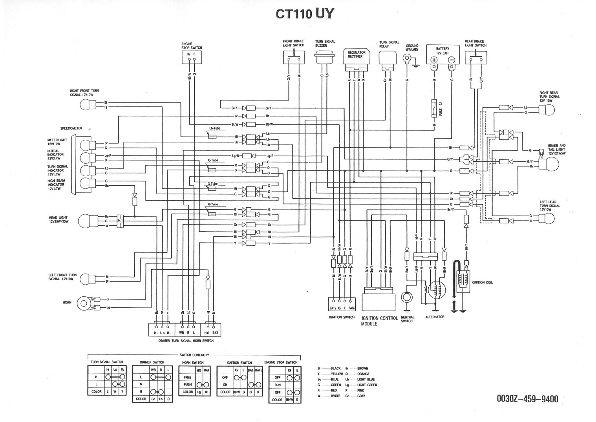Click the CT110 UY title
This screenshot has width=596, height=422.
(304, 14)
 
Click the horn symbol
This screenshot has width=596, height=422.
(83, 303)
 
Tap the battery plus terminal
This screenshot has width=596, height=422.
(434, 60)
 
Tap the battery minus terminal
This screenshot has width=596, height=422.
(452, 60)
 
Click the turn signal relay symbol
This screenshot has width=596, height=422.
(388, 58)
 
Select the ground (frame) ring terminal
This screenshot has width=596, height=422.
(407, 59)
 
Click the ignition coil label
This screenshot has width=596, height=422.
(483, 282)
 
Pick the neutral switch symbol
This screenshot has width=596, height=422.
(406, 296)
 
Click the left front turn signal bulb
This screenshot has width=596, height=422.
(85, 279)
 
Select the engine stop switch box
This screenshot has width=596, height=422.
(191, 57)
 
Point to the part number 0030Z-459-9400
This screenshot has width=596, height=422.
(527, 399)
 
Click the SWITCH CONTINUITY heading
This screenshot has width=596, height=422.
(194, 354)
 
